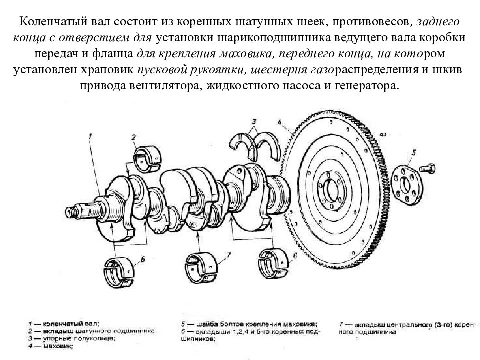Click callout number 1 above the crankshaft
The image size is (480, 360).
pyautogui.click(x=90, y=135)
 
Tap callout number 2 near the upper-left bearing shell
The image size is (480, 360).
pyautogui.click(x=134, y=137)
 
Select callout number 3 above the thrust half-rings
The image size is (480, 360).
pyautogui.click(x=254, y=121)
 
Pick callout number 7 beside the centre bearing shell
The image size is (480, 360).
pyautogui.click(x=229, y=254)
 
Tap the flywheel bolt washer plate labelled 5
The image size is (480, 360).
pyautogui.click(x=407, y=184)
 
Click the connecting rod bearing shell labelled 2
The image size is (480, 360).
pyautogui.click(x=148, y=155)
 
